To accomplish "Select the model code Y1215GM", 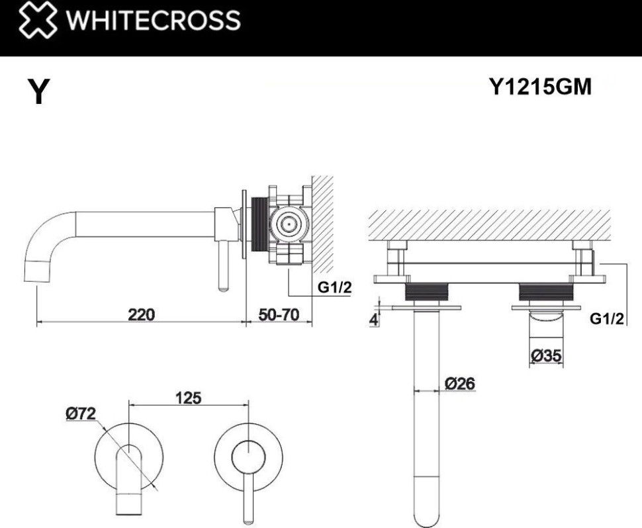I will [539, 86].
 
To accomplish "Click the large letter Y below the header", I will [38, 92].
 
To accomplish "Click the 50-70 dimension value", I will [279, 314].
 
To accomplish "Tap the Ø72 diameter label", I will [81, 414].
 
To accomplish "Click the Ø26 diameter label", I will [459, 383].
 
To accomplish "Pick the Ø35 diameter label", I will [546, 356].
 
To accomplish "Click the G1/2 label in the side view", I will [334, 288].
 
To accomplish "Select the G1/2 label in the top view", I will [607, 319].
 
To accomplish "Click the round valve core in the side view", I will [289, 225].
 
